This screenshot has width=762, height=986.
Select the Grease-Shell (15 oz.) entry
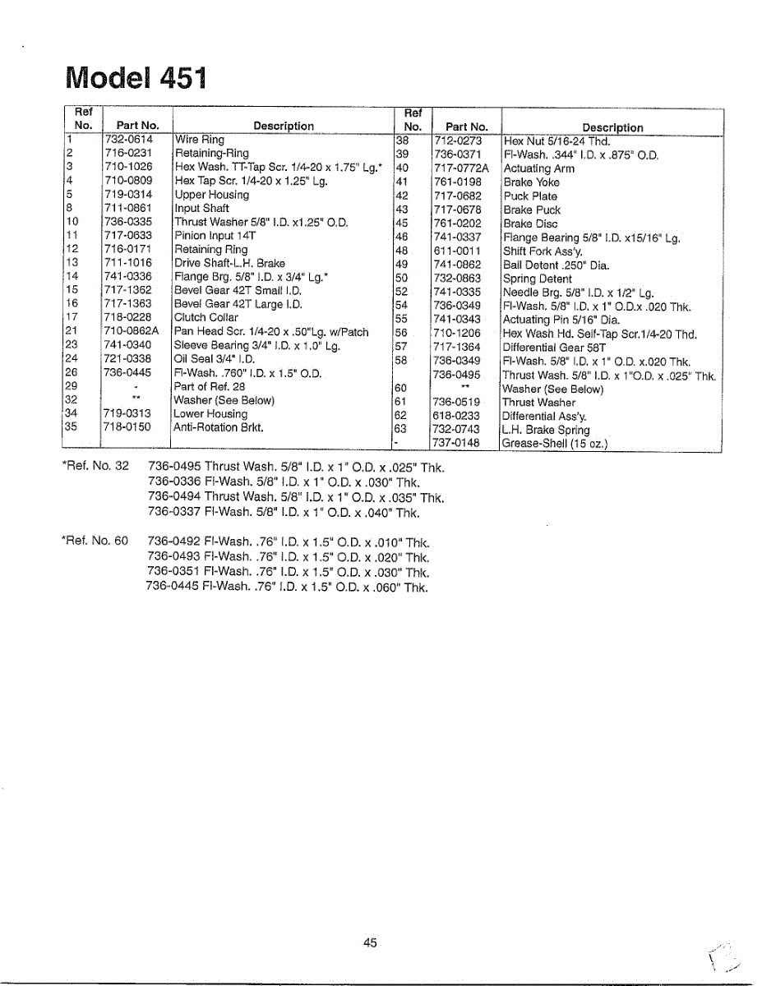coord(555,445)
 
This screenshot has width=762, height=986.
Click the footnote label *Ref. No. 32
coord(95,467)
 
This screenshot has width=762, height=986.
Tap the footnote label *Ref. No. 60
coord(95,541)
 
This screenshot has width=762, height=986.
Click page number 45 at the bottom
coord(370,943)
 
